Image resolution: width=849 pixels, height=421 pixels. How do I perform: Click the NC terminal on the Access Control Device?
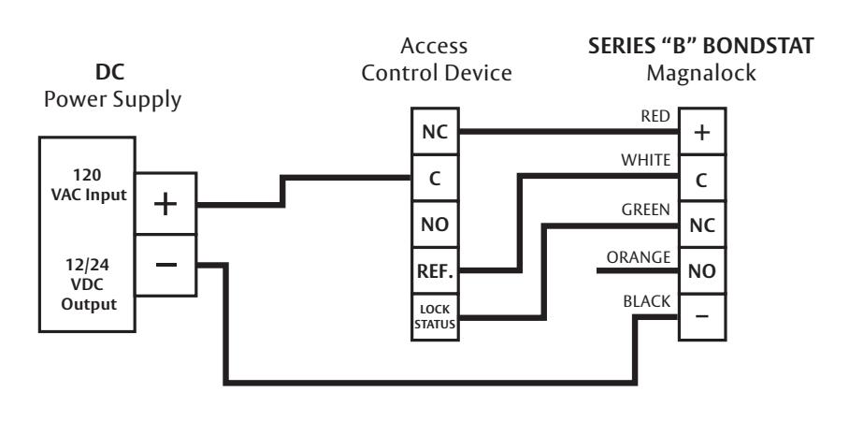pos(435,131)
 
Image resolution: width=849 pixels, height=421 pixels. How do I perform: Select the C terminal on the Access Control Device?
pos(435,178)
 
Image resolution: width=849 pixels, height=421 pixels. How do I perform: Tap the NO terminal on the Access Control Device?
pos(435,225)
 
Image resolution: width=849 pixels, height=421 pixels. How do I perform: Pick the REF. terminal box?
pos(435,271)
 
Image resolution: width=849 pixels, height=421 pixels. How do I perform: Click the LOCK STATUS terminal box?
pos(435,317)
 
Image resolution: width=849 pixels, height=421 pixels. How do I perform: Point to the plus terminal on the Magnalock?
pos(702,131)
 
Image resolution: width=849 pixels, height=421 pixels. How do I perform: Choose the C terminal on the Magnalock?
pos(702,178)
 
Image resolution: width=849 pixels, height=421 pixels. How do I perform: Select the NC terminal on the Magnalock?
pos(702,225)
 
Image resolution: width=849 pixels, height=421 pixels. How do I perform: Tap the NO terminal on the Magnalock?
pos(702,271)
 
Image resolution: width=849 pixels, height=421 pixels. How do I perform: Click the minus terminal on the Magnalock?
pos(702,317)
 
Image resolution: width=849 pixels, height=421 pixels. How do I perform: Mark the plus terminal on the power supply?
pos(165,204)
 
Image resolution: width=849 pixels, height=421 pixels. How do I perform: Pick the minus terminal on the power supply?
pos(165,265)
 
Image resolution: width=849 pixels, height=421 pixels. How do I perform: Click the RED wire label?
pos(655,117)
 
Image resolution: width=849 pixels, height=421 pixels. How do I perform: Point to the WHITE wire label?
pos(645,160)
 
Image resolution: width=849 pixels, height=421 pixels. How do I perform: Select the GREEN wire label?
pos(645,210)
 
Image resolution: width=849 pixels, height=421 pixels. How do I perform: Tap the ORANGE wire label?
pos(639,257)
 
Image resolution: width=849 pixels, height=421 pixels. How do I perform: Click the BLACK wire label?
pos(646,301)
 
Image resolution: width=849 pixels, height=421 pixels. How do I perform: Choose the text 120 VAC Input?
pos(89,184)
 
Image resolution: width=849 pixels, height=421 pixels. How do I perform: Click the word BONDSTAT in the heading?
pos(758,46)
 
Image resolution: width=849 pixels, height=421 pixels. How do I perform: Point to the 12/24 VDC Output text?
pos(89,284)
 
